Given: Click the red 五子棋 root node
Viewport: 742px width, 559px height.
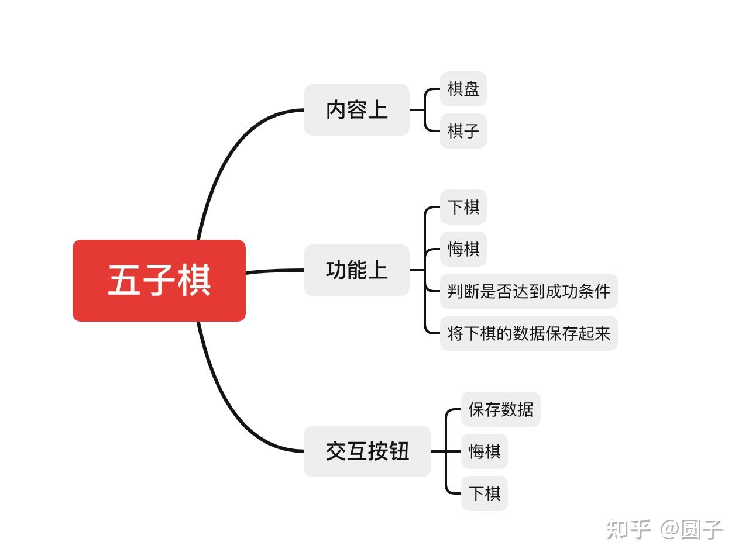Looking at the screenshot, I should click(159, 280).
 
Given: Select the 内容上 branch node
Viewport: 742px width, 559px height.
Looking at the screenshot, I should click(356, 110).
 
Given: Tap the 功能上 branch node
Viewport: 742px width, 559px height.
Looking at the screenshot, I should click(356, 270).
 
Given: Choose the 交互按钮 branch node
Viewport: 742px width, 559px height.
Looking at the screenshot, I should click(367, 451).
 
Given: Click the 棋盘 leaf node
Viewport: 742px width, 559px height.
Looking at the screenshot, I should click(463, 89).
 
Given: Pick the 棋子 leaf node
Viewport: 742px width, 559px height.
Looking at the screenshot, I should click(463, 131).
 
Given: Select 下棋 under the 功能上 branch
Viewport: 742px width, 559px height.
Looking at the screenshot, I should click(463, 207).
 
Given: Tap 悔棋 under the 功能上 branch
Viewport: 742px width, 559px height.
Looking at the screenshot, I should click(463, 249).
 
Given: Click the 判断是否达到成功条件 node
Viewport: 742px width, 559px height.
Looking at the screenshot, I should click(528, 291).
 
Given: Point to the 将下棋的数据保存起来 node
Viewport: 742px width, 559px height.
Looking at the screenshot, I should click(528, 333).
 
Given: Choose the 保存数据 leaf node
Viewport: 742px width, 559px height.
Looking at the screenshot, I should click(500, 409).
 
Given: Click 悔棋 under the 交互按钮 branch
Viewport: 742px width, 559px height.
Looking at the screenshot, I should click(484, 451).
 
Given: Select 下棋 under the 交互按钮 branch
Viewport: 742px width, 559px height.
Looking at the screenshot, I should click(484, 494).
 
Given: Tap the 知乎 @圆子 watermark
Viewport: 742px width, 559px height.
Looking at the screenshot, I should click(664, 529).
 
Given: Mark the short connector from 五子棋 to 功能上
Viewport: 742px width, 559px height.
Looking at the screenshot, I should click(275, 271).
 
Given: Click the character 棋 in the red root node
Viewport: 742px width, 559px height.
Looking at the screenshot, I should click(194, 280).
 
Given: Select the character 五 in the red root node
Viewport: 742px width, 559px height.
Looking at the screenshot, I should click(123, 280).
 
